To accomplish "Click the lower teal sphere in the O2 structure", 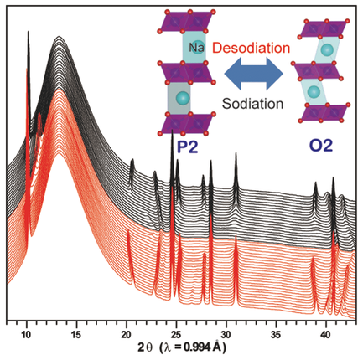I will tap(314, 90).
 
